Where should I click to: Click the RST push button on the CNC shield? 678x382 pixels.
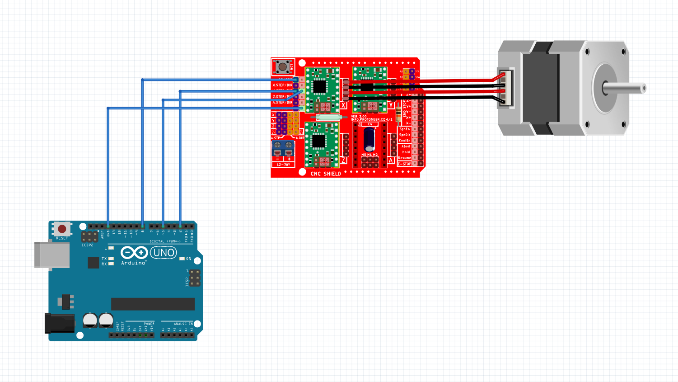[282, 67]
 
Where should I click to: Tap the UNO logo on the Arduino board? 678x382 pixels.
[164, 253]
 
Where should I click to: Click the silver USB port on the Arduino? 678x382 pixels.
[52, 255]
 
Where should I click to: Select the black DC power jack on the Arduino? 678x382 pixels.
[60, 323]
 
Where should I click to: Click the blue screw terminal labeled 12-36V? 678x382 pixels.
[283, 148]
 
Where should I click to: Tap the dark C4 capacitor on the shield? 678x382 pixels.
[370, 139]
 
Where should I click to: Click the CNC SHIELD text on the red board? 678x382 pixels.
[326, 174]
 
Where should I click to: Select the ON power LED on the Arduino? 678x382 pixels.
[182, 259]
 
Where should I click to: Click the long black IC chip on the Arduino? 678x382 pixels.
[153, 304]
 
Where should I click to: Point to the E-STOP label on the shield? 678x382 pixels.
[405, 164]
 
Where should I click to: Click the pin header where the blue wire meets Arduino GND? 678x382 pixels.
[108, 226]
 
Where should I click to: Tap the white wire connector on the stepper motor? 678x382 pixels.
[505, 88]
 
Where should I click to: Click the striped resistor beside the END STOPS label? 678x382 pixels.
[398, 113]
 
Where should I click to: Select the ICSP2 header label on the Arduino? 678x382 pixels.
[88, 245]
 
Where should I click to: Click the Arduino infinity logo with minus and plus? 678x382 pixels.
[134, 252]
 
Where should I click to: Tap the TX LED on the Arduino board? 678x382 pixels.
[111, 259]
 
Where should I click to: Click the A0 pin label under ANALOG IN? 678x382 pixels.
[163, 330]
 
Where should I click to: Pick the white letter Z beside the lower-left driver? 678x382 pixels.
[343, 160]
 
